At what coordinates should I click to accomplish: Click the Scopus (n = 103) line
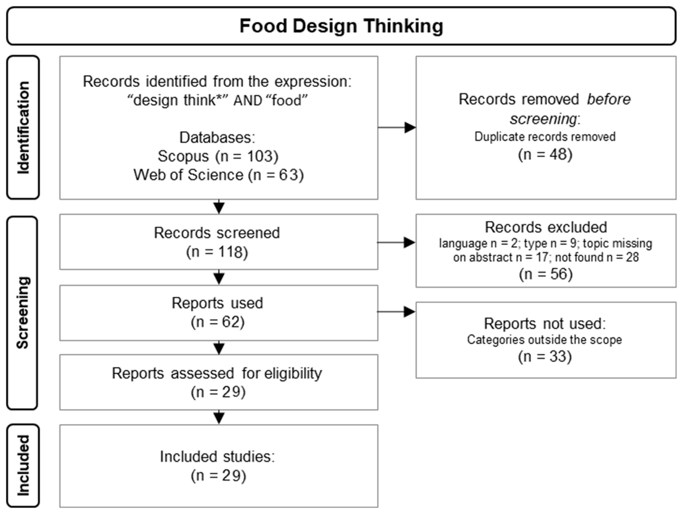[218, 156]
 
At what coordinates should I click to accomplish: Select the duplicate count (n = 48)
[545, 154]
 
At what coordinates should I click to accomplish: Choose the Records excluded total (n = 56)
[546, 274]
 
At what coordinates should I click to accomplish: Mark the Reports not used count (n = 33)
[545, 356]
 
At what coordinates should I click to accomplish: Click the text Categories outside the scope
[544, 340]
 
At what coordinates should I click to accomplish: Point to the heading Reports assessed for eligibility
[217, 373]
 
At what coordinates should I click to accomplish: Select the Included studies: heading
[217, 456]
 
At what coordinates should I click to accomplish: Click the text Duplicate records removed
[545, 137]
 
